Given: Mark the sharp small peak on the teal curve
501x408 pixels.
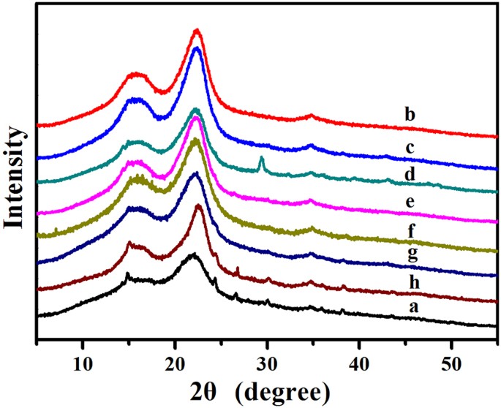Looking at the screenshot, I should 261,158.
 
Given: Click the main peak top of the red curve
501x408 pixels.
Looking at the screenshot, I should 196,30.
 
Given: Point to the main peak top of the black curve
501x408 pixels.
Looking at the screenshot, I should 193,254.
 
